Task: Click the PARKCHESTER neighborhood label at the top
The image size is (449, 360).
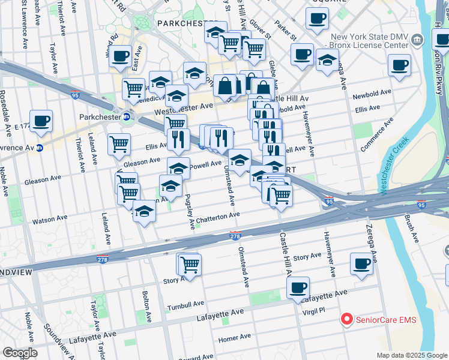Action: tap(182, 23)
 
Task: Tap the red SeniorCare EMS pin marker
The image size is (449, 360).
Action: tap(346, 319)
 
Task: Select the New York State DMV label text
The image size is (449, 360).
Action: tap(373, 37)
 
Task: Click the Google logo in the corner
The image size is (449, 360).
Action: tap(20, 353)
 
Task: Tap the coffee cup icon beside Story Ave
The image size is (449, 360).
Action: tap(362, 263)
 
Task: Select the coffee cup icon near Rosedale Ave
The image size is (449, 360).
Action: tap(41, 121)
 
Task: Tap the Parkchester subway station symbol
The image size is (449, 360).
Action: tap(127, 116)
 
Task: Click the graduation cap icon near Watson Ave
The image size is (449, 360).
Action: tap(144, 212)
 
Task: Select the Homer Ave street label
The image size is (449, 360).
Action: tap(230, 338)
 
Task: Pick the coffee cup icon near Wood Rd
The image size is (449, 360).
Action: tap(121, 56)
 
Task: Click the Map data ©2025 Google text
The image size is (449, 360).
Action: tap(411, 355)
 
